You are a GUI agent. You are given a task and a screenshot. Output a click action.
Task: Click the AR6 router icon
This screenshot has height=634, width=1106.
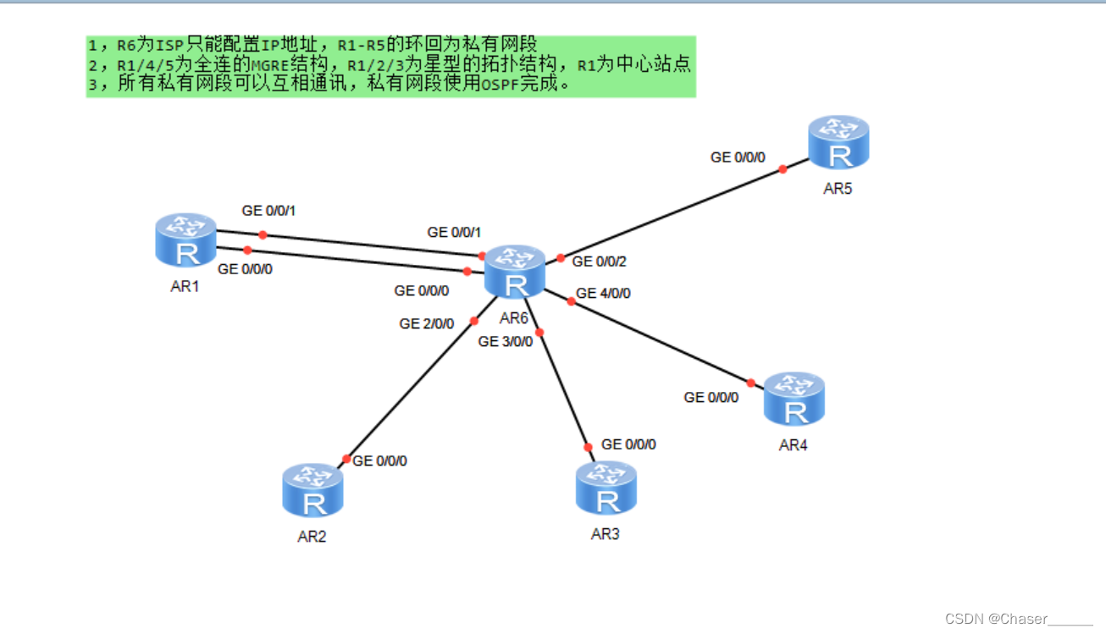[515, 273]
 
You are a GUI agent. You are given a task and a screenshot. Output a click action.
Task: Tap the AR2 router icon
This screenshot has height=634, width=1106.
[312, 491]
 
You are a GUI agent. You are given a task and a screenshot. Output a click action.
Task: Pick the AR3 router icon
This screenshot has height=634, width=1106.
[606, 488]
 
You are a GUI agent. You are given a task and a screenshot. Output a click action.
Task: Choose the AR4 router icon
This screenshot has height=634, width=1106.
[794, 400]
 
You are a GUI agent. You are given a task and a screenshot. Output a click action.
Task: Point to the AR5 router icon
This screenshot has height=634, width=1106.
[838, 143]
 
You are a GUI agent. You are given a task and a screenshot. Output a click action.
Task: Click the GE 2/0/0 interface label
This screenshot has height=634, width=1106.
[427, 323]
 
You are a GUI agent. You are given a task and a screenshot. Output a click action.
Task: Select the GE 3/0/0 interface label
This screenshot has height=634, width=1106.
[506, 342]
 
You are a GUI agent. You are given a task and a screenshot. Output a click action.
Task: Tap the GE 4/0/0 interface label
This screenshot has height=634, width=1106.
[603, 294]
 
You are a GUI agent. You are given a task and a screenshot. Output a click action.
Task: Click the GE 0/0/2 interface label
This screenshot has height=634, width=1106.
[600, 262]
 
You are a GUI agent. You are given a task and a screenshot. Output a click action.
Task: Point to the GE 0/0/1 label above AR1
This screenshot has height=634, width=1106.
[269, 211]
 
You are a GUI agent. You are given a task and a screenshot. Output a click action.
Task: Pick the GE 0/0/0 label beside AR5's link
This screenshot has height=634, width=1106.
[738, 157]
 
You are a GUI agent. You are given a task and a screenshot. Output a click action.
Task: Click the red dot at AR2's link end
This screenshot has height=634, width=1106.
[346, 459]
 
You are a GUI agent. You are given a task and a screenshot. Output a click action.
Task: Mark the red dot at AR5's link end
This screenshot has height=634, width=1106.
[782, 169]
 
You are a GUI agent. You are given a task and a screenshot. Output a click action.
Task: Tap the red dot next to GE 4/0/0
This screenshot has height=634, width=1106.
[571, 301]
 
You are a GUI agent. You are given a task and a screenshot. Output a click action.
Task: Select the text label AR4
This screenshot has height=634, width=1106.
[794, 445]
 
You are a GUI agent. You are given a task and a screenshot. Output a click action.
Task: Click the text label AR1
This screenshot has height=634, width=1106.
[185, 286]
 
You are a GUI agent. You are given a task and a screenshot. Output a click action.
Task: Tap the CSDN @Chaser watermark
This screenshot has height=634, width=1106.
[1019, 619]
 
